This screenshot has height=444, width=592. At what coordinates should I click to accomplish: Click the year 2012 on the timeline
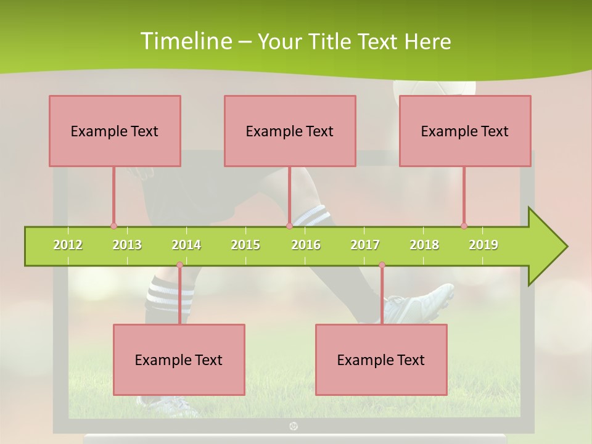(68, 245)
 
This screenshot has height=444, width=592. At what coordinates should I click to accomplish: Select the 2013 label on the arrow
(127, 245)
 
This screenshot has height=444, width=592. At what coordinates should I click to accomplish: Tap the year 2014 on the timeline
(186, 245)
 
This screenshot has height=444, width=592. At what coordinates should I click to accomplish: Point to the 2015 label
(245, 245)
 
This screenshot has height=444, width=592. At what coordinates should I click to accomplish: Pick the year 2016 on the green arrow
(306, 245)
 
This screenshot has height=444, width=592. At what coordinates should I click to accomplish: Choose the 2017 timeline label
(365, 245)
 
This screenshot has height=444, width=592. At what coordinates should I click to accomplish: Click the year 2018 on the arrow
(424, 245)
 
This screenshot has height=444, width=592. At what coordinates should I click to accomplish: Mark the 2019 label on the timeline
(483, 245)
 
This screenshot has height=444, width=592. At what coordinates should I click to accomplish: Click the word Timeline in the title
(184, 41)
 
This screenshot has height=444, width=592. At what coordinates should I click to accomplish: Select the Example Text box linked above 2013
(115, 131)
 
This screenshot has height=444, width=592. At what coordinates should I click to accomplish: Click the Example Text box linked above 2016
(290, 131)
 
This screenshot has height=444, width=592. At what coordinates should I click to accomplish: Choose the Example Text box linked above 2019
(465, 131)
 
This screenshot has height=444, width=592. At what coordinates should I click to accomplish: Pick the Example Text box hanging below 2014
(179, 360)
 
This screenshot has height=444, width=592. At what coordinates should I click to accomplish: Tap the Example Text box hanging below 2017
(381, 360)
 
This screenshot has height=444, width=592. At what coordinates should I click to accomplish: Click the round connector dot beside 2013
(113, 226)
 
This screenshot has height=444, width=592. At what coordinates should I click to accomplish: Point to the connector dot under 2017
(382, 265)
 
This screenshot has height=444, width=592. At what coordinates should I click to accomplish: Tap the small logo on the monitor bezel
(294, 425)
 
